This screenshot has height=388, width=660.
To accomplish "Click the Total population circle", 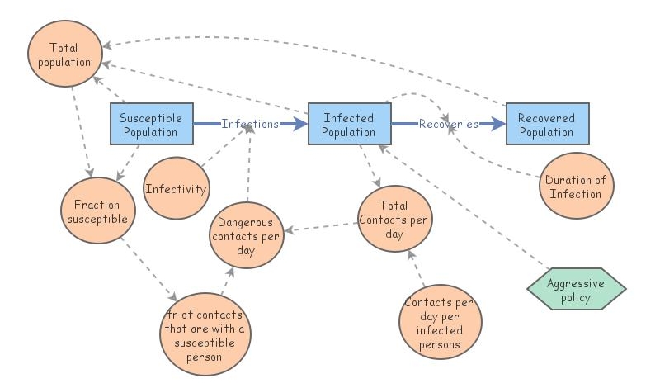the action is pos(65,54).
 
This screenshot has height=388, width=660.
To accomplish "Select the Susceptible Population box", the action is pos(152,124).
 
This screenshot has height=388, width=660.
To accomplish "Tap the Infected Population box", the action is pos(349,124).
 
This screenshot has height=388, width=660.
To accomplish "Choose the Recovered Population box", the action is pos(547,124).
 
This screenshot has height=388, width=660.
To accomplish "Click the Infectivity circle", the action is pos(177,188).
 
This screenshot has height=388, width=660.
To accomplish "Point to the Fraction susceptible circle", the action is pos(98,211).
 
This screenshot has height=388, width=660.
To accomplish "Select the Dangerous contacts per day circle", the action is pos(247,235).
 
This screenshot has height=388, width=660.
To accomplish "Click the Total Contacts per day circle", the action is pos(395,219).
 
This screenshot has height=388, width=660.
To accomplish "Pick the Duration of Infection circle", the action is pos(576,186).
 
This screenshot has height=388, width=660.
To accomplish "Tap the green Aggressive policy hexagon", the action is pos(576,289).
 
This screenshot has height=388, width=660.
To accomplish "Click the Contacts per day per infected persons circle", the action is pos(441,322).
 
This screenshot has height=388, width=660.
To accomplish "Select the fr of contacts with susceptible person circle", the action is pos(205,334).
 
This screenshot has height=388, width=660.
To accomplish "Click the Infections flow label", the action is pos(250,124).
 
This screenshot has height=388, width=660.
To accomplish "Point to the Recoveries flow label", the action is pos(448,124).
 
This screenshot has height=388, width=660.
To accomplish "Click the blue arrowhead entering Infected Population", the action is pos(301,124).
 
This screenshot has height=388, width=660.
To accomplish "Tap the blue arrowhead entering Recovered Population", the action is pos(499,124).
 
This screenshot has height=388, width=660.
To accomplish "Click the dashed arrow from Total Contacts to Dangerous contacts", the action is pos(321,227).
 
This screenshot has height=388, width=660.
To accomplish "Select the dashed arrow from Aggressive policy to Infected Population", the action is pos(464,207).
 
